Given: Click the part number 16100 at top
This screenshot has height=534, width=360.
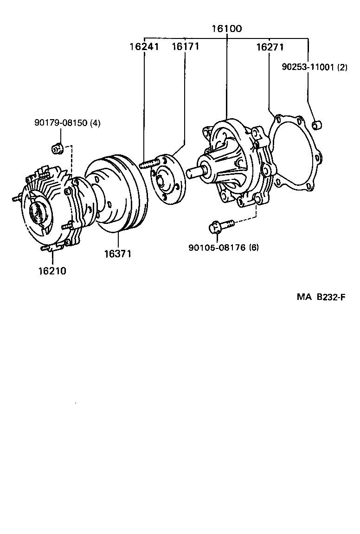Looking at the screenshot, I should pyautogui.click(x=226, y=29).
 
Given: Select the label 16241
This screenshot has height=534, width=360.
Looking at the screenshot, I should pyautogui.click(x=144, y=47).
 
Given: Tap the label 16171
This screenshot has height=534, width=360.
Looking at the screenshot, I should pyautogui.click(x=185, y=47).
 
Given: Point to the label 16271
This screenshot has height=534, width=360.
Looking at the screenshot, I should pyautogui.click(x=270, y=47).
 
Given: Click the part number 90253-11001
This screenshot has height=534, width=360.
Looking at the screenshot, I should pyautogui.click(x=308, y=67).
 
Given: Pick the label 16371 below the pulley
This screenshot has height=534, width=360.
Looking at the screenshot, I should pyautogui.click(x=117, y=254).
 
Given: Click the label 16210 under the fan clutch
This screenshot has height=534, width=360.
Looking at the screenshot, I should pyautogui.click(x=52, y=271).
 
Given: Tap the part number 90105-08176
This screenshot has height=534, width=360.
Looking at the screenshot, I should pyautogui.click(x=217, y=247).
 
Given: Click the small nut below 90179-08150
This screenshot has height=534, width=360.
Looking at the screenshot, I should pyautogui.click(x=56, y=148).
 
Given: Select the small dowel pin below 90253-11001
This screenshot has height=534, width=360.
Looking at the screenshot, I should pyautogui.click(x=318, y=125).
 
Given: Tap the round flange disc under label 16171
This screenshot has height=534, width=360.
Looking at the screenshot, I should pyautogui.click(x=166, y=178).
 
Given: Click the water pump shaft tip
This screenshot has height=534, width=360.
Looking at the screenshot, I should pyautogui.click(x=191, y=172).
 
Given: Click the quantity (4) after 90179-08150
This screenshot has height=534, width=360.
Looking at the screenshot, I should pyautogui.click(x=95, y=123).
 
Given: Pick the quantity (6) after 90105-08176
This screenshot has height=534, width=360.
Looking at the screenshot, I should pyautogui.click(x=254, y=247).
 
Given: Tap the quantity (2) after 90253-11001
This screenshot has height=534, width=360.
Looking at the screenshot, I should pyautogui.click(x=342, y=67).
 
